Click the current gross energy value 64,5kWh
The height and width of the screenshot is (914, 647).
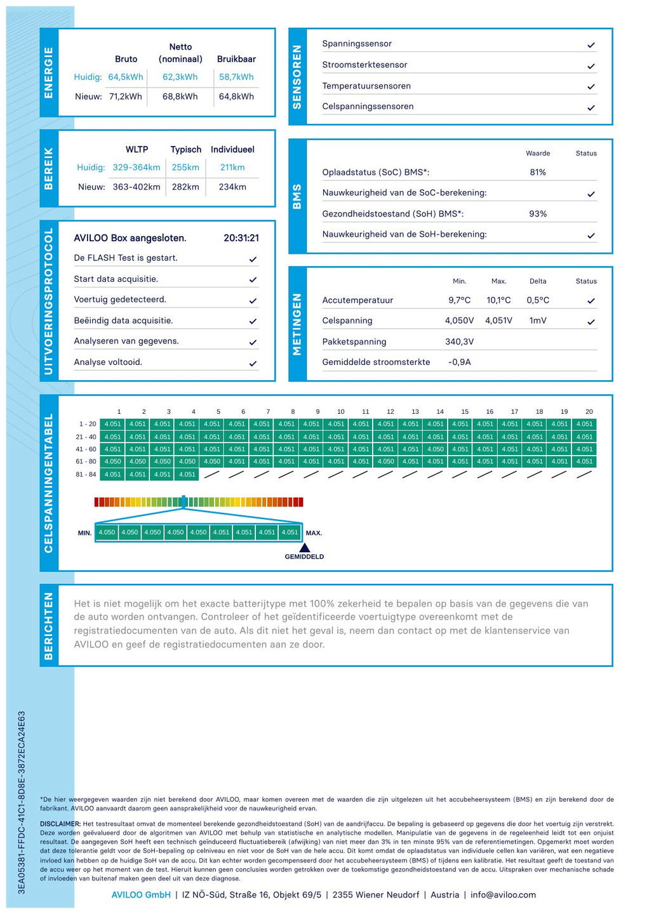tap(125, 77)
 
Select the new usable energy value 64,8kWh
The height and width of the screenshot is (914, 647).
tap(236, 96)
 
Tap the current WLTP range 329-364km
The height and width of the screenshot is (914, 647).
tap(137, 168)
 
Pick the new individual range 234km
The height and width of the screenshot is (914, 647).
tap(232, 187)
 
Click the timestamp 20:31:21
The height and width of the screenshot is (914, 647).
tap(241, 238)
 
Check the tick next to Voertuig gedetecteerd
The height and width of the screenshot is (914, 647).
tap(253, 300)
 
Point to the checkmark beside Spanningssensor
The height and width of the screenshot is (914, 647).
tap(591, 45)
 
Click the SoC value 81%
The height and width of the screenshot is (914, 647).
tap(538, 172)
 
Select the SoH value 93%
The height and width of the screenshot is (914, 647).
tap(538, 214)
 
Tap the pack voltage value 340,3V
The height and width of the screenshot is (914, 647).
tap(459, 341)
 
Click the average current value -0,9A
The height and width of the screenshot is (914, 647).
tap(459, 362)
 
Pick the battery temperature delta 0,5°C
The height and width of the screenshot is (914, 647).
tap(538, 300)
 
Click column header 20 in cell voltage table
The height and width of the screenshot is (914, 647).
tap(589, 411)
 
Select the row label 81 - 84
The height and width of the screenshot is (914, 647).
tap(86, 474)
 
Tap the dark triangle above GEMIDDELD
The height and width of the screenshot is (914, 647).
tap(305, 547)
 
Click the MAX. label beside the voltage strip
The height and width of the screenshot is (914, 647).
tap(314, 533)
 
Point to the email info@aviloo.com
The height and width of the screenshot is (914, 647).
tap(503, 894)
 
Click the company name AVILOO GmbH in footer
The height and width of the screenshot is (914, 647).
tap(141, 894)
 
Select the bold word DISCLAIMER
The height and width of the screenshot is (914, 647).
tap(60, 824)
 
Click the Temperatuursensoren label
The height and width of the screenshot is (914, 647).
tap(366, 86)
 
